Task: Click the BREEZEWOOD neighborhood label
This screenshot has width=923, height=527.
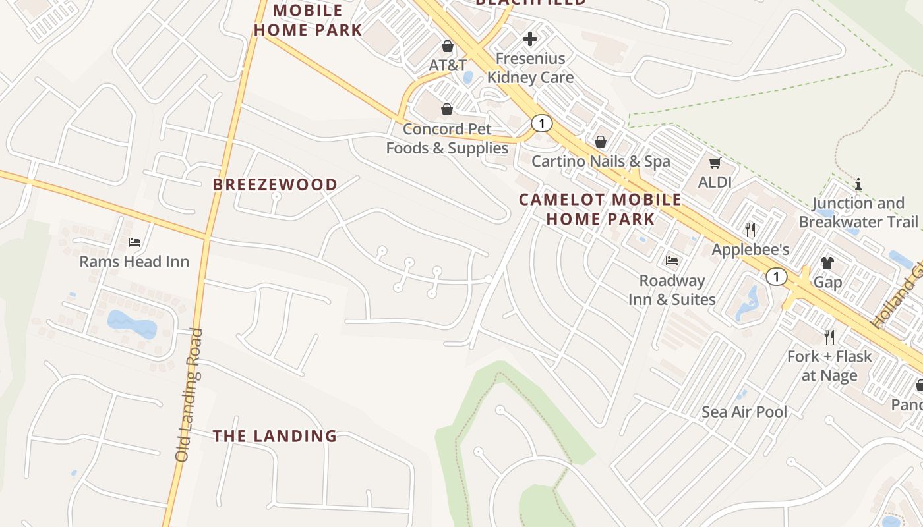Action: coord(275,184)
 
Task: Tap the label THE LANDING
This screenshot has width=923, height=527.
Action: coord(275,436)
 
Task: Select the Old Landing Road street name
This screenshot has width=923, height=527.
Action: coord(188,395)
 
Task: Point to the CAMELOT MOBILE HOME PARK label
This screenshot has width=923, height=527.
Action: coord(600,209)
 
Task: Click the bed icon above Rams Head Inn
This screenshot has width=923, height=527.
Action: coord(134,242)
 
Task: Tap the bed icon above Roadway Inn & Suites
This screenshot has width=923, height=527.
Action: coord(672,261)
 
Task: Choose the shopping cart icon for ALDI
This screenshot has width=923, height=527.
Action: coord(715,163)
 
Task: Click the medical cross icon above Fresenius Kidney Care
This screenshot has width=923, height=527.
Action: coord(530,39)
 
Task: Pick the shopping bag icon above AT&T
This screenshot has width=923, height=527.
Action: coord(448,46)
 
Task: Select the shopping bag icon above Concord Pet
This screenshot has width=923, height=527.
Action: coord(447,109)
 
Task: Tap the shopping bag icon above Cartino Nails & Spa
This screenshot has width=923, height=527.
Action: coord(601,142)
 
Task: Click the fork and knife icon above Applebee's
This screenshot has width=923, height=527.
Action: coord(750,230)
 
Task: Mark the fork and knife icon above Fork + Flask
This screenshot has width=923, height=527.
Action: coord(829,337)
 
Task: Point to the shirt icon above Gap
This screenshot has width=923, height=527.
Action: coord(827,263)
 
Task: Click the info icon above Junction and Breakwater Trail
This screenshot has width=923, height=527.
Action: coord(858,184)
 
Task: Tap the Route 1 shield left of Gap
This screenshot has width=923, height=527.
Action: coord(777,277)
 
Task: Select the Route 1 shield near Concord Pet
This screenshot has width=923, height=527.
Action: coord(541,123)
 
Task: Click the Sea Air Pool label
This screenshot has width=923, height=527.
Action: coord(744,412)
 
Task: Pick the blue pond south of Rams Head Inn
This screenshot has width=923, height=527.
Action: coord(131,324)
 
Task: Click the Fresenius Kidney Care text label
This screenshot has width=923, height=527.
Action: coord(530,68)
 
